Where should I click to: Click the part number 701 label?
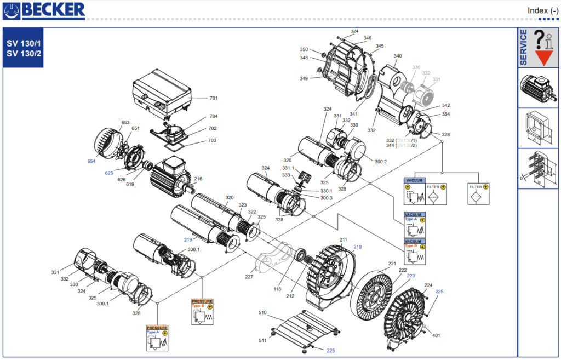click(214, 99)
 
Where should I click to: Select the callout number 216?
click(198, 179)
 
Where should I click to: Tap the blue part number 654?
click(91, 161)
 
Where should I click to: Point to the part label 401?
click(436, 335)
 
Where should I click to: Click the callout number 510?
click(262, 313)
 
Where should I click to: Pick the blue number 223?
click(411, 276)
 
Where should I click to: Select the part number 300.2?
click(381, 162)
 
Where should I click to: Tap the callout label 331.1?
click(288, 168)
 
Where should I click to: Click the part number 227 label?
click(249, 277)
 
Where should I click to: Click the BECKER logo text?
click(55, 9)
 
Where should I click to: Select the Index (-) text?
click(543, 10)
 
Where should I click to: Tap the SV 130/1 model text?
click(24, 44)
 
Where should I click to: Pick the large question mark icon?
click(539, 39)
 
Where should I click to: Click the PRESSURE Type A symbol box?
click(157, 338)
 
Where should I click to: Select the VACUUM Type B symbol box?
click(415, 250)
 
